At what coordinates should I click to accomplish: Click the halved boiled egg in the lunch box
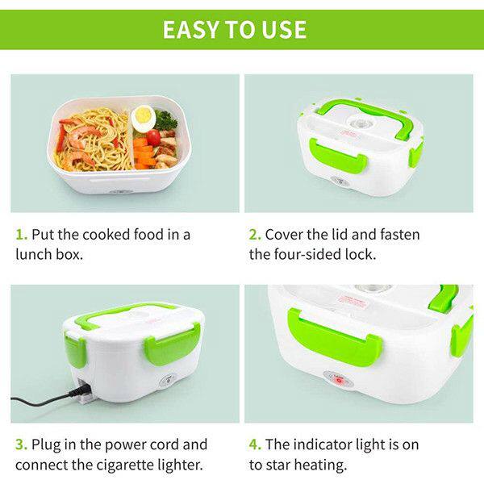click(143, 117)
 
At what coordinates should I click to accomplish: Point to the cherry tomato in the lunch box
click(153, 137)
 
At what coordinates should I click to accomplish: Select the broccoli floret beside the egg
click(165, 119)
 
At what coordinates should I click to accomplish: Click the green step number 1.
click(21, 235)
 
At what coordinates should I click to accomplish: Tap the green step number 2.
click(255, 235)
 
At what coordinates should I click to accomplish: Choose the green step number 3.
click(21, 444)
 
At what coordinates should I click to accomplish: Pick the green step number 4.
click(255, 444)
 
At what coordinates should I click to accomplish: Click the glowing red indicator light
click(339, 381)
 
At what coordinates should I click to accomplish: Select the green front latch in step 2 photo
click(338, 156)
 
